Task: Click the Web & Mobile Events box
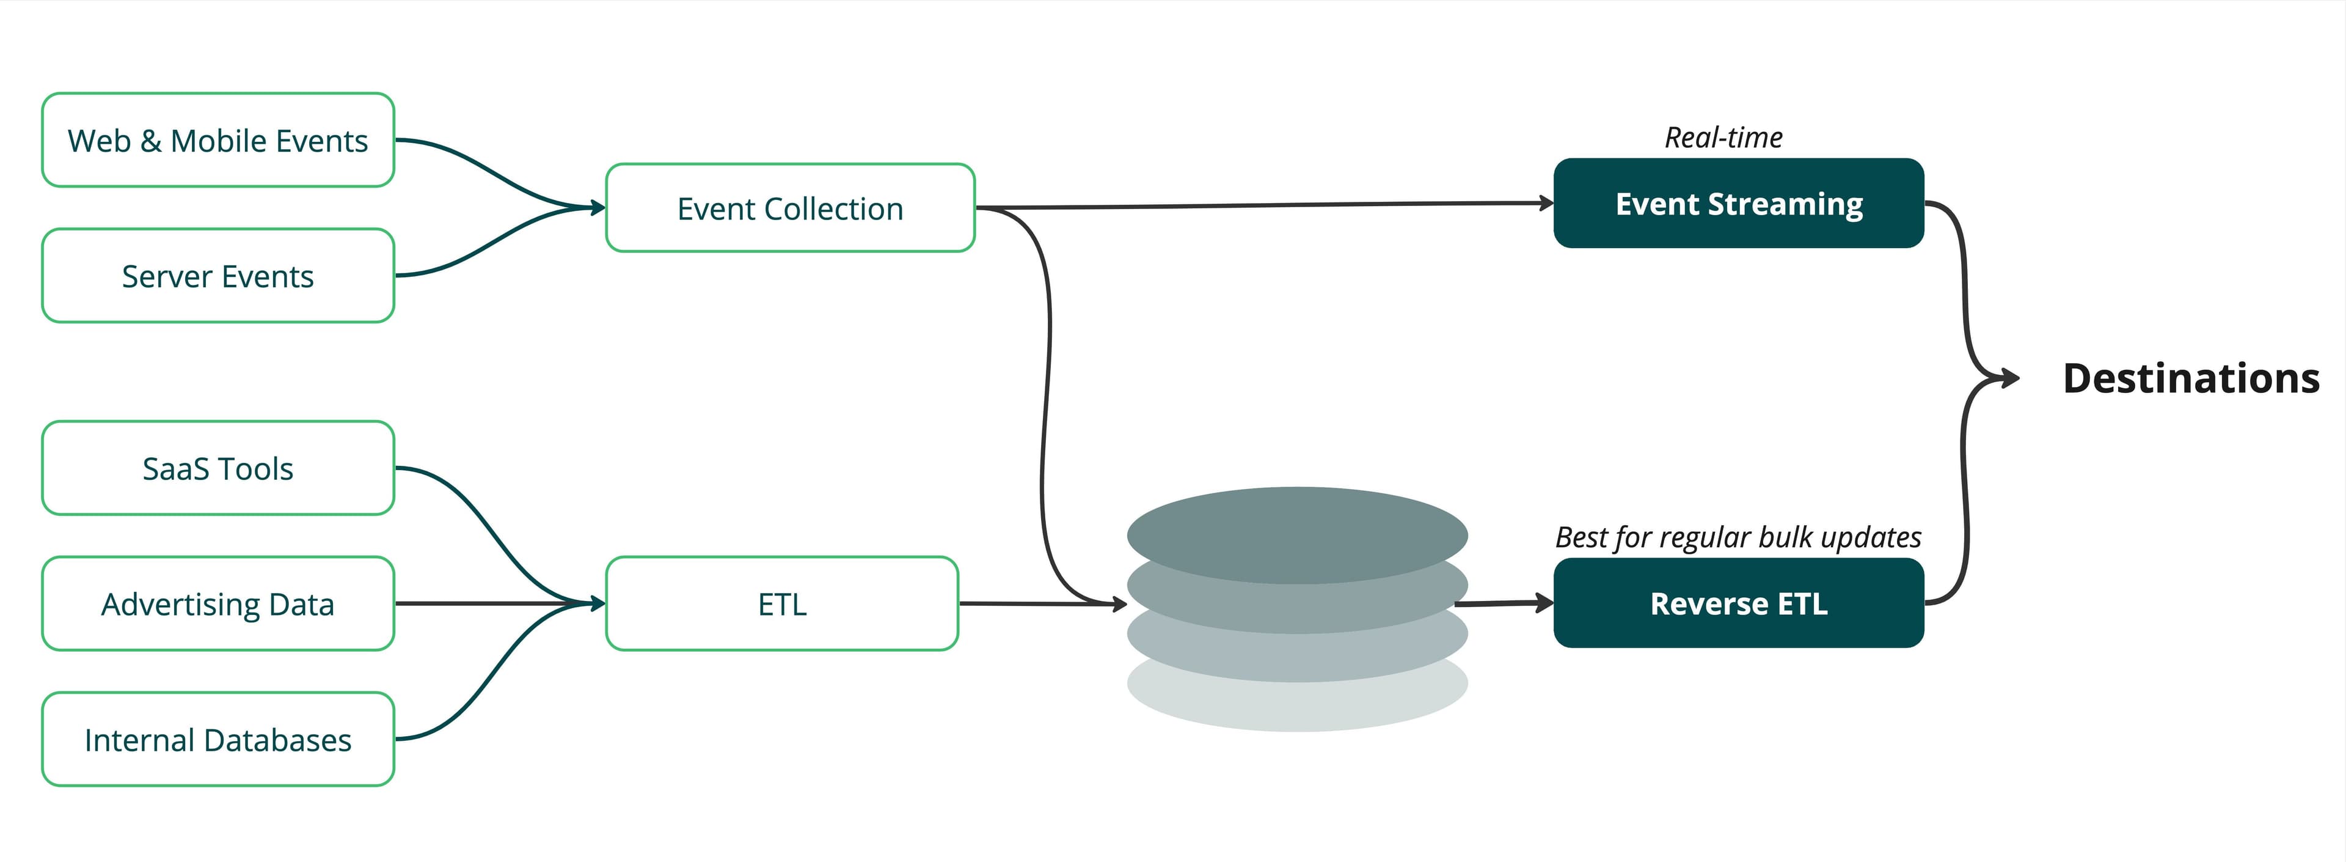tap(217, 141)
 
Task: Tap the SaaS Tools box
tap(217, 468)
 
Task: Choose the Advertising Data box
tap(217, 604)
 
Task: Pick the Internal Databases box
tap(217, 740)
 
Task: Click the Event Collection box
tap(789, 208)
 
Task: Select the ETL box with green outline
tap(781, 604)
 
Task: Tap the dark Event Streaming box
tap(1738, 203)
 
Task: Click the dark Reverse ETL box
tap(1738, 603)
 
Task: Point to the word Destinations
tap(2190, 378)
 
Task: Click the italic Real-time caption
tap(1723, 138)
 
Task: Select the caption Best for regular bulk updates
tap(1738, 537)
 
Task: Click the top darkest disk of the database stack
tap(1297, 528)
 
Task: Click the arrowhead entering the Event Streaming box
tap(1546, 203)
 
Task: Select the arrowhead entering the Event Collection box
tap(598, 208)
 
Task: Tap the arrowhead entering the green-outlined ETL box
tap(598, 603)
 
